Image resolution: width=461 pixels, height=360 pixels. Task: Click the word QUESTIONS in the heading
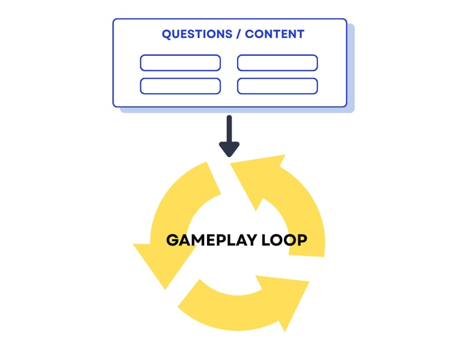click(196, 34)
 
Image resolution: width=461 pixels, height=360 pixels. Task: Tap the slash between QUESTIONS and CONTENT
click(239, 34)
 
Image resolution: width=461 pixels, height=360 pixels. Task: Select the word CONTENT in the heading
click(274, 34)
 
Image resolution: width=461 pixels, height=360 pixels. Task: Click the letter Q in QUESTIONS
click(167, 34)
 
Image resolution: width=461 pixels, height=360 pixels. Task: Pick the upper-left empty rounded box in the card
click(180, 63)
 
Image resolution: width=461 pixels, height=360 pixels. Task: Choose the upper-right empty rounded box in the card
click(277, 63)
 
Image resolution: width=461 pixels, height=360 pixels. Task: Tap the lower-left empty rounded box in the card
click(180, 86)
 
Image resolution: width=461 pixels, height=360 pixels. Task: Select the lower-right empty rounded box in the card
click(277, 86)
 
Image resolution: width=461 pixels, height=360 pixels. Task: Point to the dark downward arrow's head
click(229, 148)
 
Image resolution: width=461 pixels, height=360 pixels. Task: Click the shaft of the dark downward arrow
click(229, 127)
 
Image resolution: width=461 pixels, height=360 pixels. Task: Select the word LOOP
click(285, 241)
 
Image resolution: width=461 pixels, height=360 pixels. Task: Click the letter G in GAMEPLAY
click(173, 241)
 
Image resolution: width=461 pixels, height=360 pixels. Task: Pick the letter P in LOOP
click(301, 241)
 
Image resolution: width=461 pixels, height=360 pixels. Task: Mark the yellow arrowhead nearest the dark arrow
click(258, 174)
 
